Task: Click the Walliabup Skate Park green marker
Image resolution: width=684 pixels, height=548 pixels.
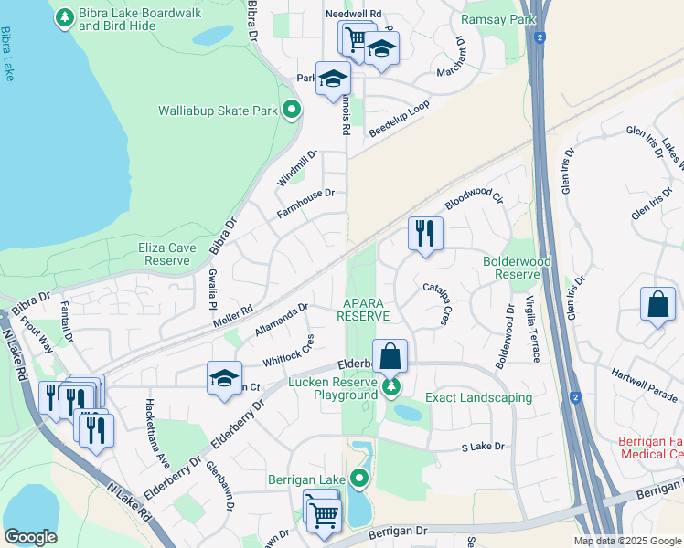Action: [x=292, y=111]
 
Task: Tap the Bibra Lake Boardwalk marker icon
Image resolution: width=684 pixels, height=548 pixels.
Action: [x=65, y=17]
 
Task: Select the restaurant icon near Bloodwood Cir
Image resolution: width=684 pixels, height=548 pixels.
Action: [x=425, y=233]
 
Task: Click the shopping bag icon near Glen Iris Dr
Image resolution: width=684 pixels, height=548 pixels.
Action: [x=658, y=304]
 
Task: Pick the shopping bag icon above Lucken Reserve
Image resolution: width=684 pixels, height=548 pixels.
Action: [x=390, y=354]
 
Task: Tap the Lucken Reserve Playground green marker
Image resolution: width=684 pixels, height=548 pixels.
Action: [x=391, y=387]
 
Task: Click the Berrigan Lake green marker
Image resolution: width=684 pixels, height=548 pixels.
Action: [x=359, y=478]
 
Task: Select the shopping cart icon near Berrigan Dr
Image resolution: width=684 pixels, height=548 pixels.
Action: [x=323, y=511]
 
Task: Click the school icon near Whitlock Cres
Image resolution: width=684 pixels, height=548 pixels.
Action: [x=223, y=378]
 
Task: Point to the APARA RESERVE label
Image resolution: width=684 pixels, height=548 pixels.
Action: [x=363, y=309]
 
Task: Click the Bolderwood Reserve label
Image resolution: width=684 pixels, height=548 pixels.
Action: [x=511, y=268]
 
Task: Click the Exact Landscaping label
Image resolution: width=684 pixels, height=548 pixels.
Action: [x=478, y=397]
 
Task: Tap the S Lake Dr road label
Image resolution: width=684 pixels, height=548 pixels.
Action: [x=482, y=448]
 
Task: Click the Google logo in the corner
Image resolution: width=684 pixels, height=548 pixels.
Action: [x=31, y=537]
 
